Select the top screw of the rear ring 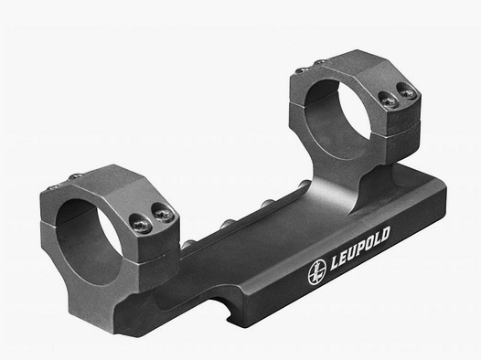click(319, 62)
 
